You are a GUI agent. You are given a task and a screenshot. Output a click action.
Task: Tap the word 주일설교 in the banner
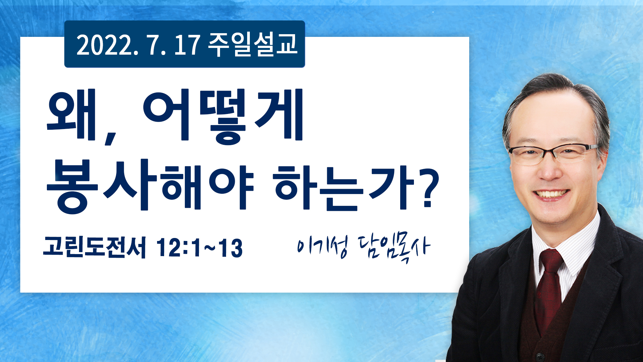pos(253,45)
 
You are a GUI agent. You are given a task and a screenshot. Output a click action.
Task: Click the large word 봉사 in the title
pos(97,186)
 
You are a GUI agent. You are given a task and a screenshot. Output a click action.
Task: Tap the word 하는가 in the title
pos(345,188)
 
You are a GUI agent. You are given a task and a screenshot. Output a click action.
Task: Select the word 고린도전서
pos(94,247)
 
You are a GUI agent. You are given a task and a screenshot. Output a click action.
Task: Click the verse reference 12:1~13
pos(200,248)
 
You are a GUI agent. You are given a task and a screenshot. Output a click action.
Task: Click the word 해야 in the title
pos(208,188)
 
